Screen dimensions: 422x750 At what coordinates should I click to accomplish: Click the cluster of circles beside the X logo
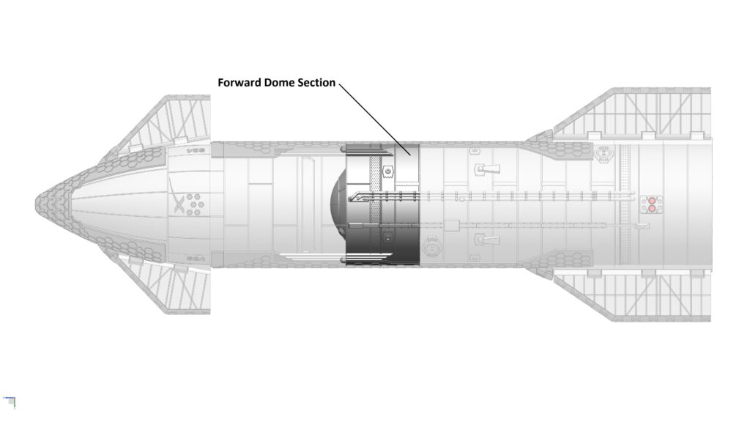point(195,204)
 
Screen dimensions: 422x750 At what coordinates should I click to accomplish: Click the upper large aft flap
point(637,117)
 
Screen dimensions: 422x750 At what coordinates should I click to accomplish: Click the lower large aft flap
point(637,293)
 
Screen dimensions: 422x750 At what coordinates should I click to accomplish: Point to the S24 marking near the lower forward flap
point(194,258)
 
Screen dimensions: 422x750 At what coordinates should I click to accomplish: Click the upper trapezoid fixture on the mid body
point(487,170)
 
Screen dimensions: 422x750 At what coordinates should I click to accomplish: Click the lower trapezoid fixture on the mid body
point(487,240)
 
